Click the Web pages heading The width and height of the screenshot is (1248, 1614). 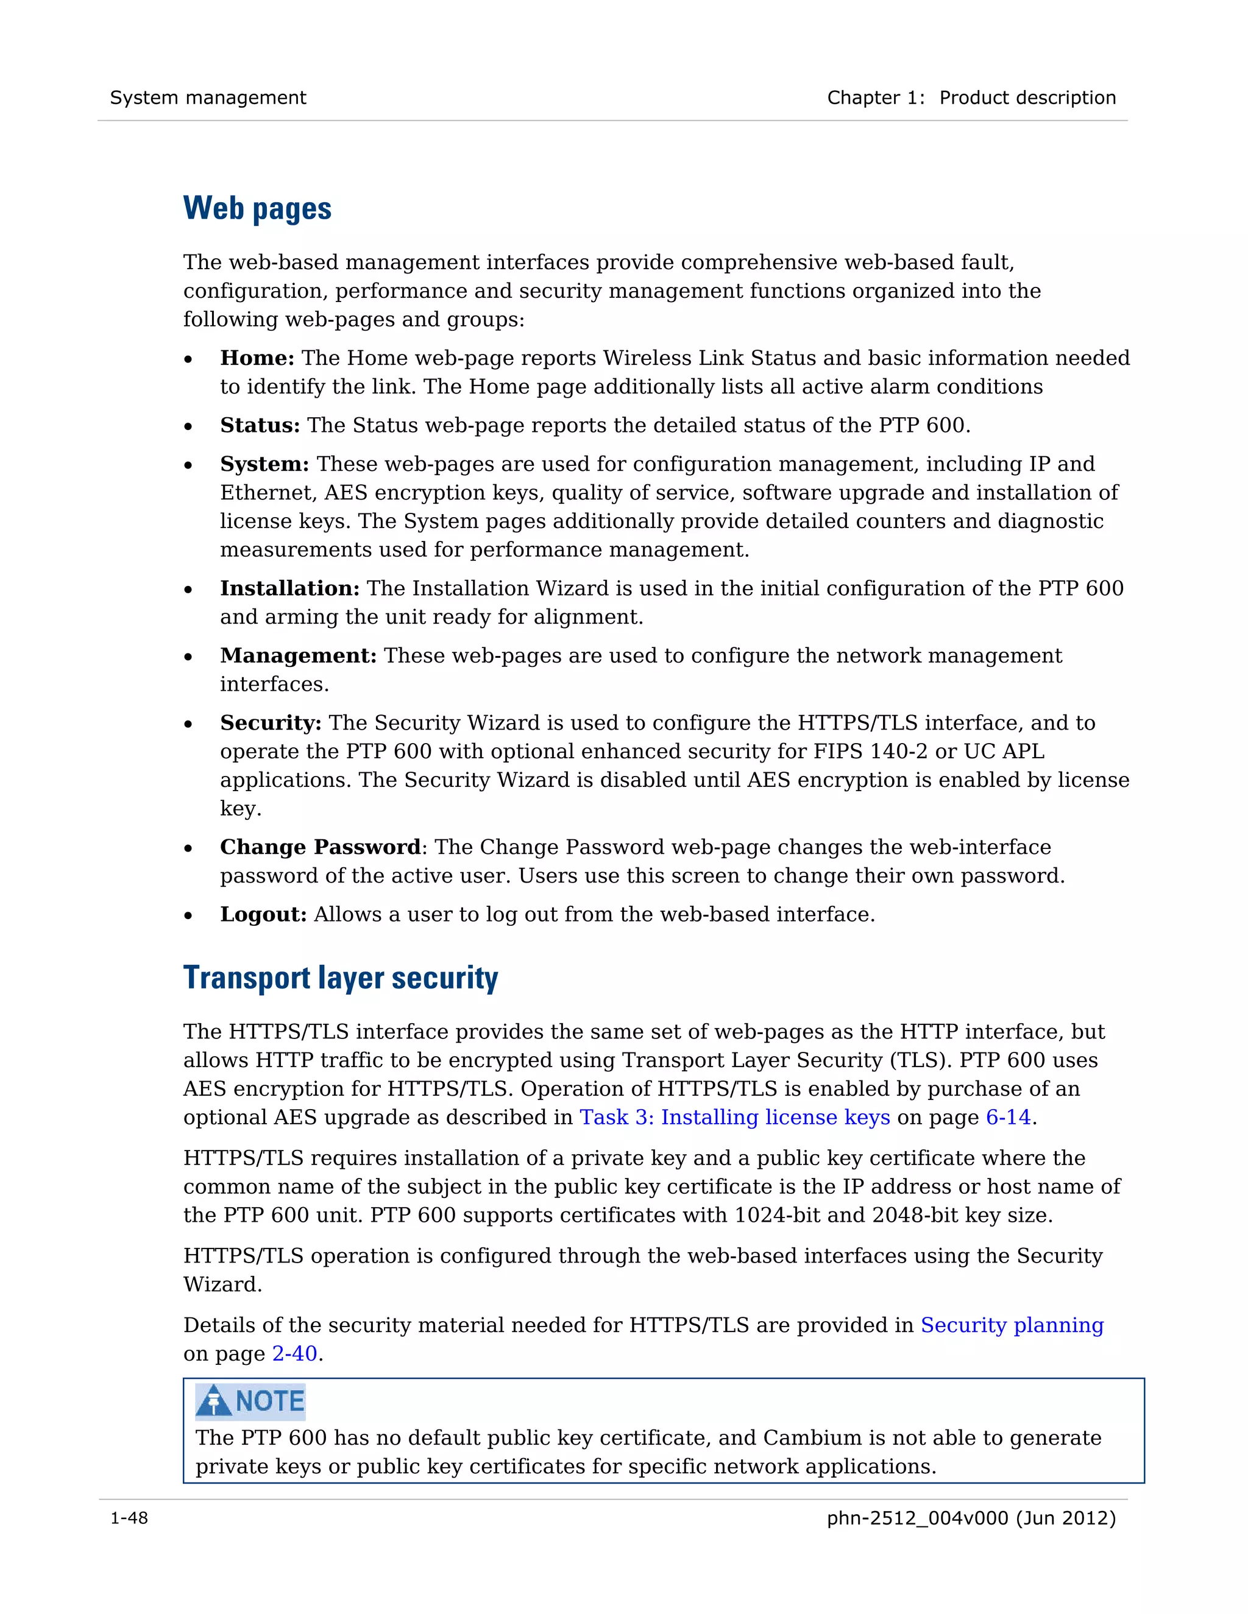coord(257,209)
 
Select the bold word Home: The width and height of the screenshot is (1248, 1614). coord(257,358)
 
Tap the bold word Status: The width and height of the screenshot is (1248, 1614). coord(260,426)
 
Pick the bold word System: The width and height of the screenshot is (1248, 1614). coord(264,464)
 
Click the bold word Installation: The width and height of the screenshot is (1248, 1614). coord(289,588)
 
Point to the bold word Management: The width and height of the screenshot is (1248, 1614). coord(298,655)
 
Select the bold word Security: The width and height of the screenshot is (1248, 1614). coord(271,723)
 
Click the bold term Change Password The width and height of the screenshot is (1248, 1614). coord(319,847)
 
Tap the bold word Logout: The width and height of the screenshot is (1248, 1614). coord(263,915)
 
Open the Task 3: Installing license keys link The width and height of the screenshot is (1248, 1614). coord(734,1118)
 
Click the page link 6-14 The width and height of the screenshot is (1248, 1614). coord(1008,1118)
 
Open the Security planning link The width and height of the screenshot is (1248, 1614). coord(1012,1325)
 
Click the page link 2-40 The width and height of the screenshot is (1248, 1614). coord(294,1354)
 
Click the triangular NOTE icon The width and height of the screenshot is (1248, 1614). coord(214,1400)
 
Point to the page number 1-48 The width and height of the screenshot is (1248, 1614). coord(129,1518)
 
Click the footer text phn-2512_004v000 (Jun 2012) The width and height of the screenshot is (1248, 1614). coord(971,1518)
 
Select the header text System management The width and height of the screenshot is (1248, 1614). coord(208,97)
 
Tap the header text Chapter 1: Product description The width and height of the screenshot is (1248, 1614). coord(971,97)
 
